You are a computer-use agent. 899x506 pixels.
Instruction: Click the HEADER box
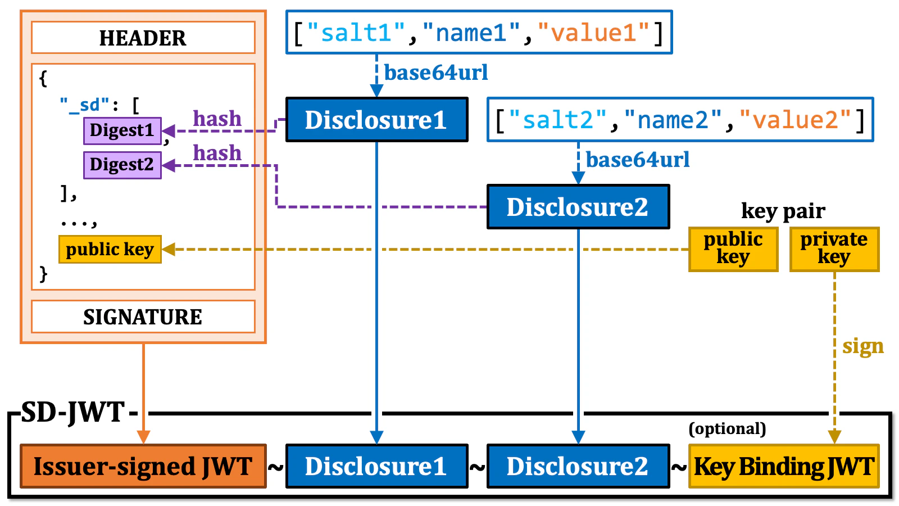pos(143,38)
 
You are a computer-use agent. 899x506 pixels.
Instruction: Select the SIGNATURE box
pos(143,317)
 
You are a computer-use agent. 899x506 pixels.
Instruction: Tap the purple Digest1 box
pos(122,130)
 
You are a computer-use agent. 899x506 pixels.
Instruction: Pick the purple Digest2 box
pos(122,165)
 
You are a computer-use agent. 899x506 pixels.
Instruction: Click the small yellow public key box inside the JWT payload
pos(110,249)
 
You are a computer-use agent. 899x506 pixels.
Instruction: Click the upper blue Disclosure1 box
pos(376,120)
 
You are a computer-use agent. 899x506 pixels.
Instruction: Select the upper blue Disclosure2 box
pos(578,207)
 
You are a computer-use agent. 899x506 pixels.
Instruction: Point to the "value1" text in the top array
pos(593,33)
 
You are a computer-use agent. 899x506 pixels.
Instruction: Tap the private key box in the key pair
pos(834,249)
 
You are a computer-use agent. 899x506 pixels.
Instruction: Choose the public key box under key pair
pos(733,249)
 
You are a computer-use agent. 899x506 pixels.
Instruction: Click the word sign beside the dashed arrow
pos(862,346)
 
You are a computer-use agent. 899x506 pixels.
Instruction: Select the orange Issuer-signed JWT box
pos(143,466)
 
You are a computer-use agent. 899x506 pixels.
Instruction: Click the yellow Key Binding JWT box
pos(783,466)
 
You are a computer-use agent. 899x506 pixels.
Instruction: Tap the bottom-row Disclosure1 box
pos(376,466)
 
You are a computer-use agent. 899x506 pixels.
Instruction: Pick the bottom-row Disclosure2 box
pos(578,466)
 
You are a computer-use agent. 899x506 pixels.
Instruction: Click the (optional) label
pos(727,428)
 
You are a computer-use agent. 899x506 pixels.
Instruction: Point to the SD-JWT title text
pos(73,413)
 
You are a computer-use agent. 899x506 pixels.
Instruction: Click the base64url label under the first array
pos(435,73)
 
